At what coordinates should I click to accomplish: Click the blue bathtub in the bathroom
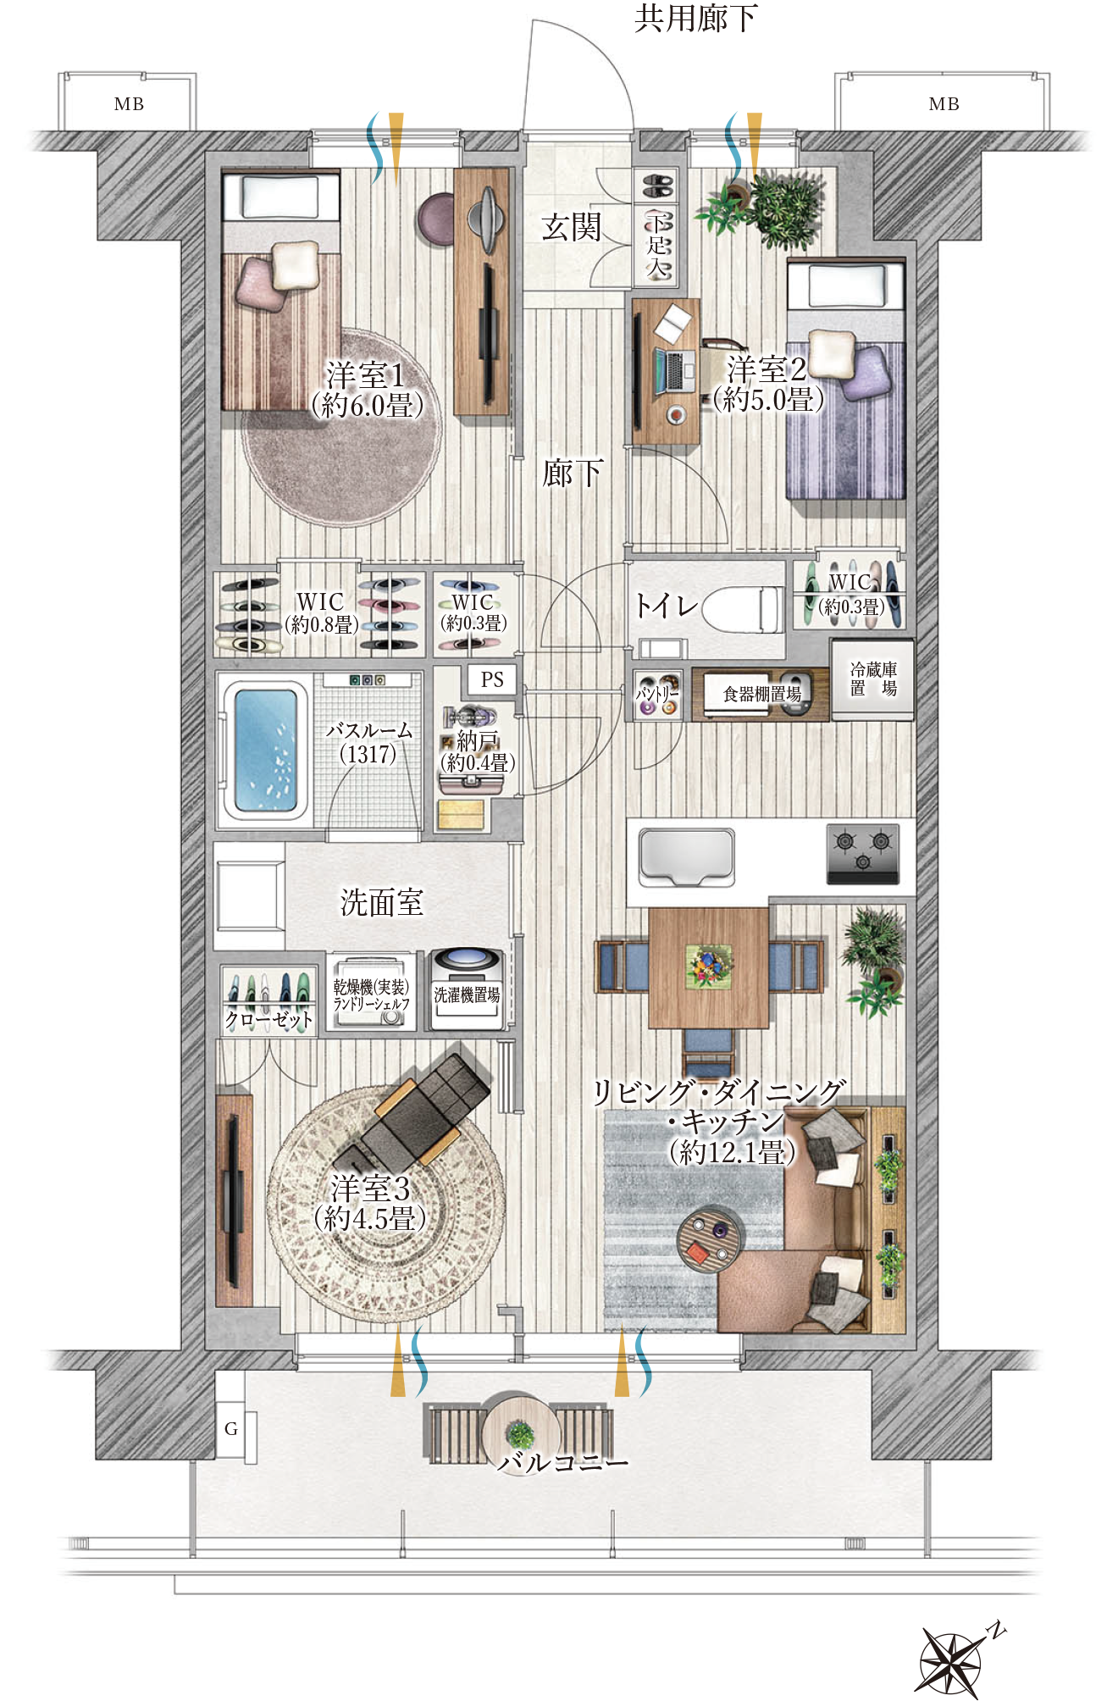click(x=264, y=750)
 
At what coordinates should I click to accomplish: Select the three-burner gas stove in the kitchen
click(x=862, y=853)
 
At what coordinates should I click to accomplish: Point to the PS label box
click(x=492, y=679)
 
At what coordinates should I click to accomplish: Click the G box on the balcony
click(x=230, y=1428)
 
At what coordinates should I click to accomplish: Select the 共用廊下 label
click(x=695, y=19)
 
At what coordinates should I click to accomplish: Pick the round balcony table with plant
click(x=520, y=1434)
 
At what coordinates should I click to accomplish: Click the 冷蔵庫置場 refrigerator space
click(x=872, y=679)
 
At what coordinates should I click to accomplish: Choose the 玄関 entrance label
click(x=572, y=227)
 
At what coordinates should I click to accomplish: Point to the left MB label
click(x=129, y=104)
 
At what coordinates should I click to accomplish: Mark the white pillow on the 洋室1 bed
click(x=295, y=264)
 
